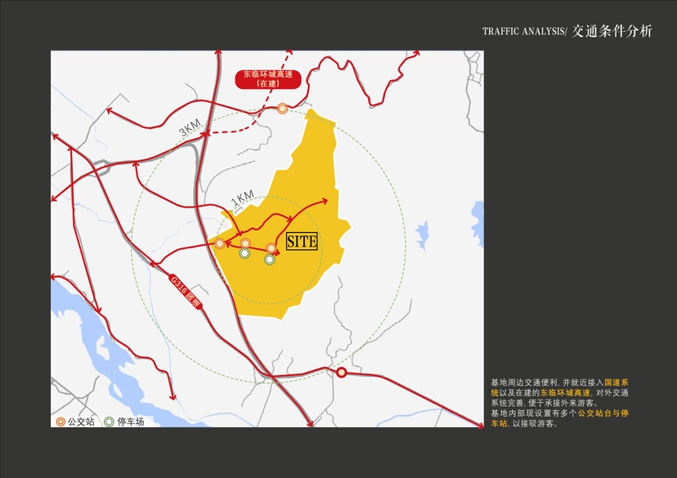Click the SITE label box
[300, 240]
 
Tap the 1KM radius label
[243, 199]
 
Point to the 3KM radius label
[191, 128]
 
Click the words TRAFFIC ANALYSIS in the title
[523, 32]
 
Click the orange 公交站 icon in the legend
[61, 422]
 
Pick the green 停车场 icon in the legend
[110, 422]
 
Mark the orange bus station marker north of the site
[282, 108]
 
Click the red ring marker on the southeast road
[342, 373]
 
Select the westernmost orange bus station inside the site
[220, 243]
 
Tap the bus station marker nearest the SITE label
[271, 248]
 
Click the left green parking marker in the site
[244, 254]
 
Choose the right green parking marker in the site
[269, 259]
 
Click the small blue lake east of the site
[422, 235]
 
